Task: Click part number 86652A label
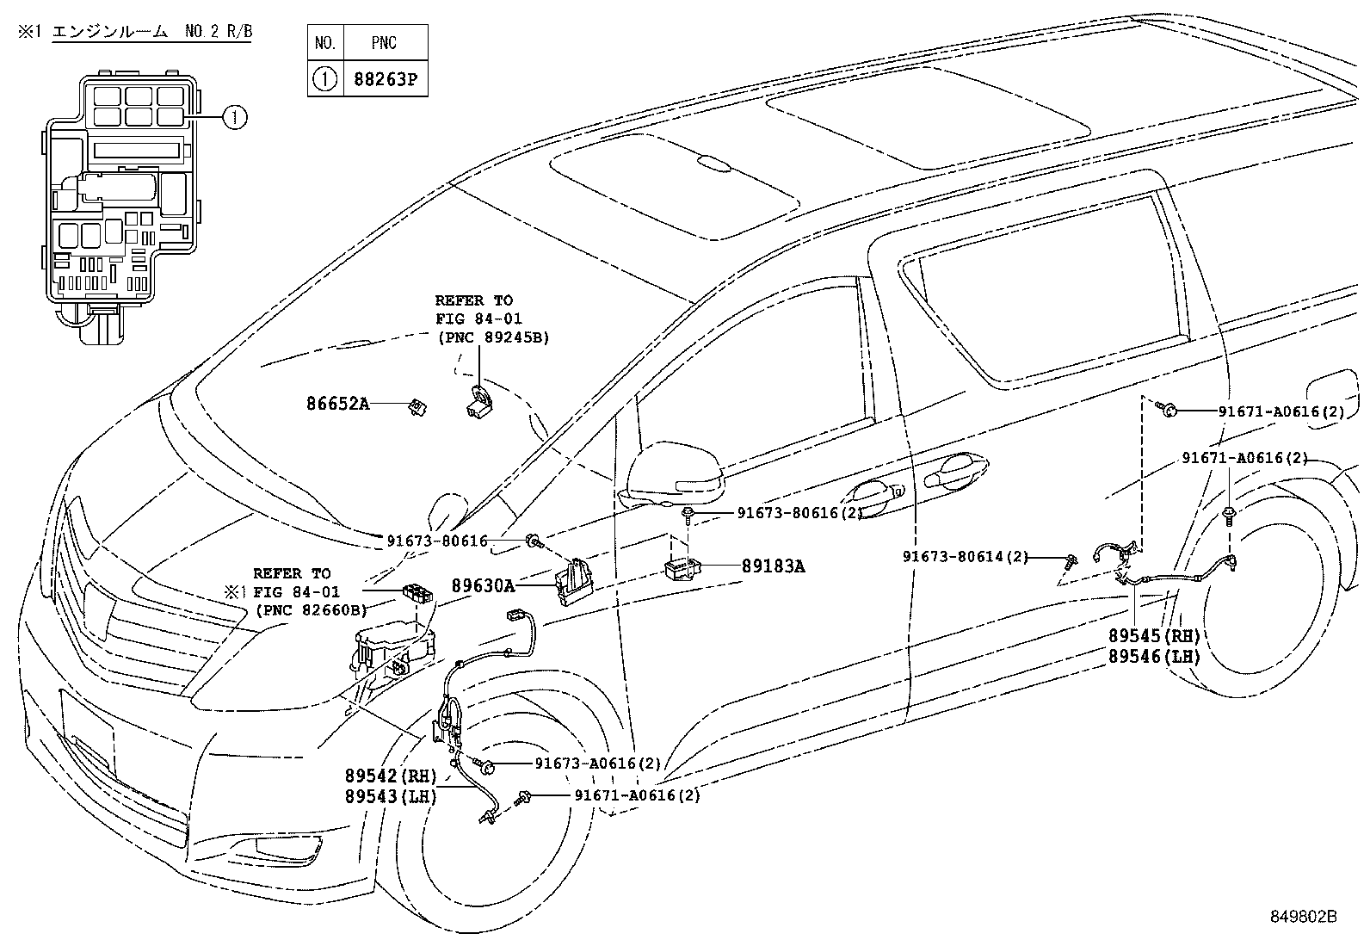pyautogui.click(x=337, y=403)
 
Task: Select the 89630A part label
pyautogui.click(x=482, y=586)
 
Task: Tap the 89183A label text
pyautogui.click(x=773, y=566)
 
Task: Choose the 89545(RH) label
pyautogui.click(x=1153, y=636)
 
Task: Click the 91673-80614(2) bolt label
pyautogui.click(x=965, y=557)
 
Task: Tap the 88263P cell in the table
pyautogui.click(x=385, y=79)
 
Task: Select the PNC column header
pyautogui.click(x=385, y=42)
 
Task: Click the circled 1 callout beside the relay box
pyautogui.click(x=235, y=115)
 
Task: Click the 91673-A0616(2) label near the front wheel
pyautogui.click(x=597, y=764)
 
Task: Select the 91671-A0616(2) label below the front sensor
pyautogui.click(x=637, y=795)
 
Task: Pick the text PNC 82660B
pyautogui.click(x=311, y=610)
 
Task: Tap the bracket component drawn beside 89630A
pyautogui.click(x=575, y=582)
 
